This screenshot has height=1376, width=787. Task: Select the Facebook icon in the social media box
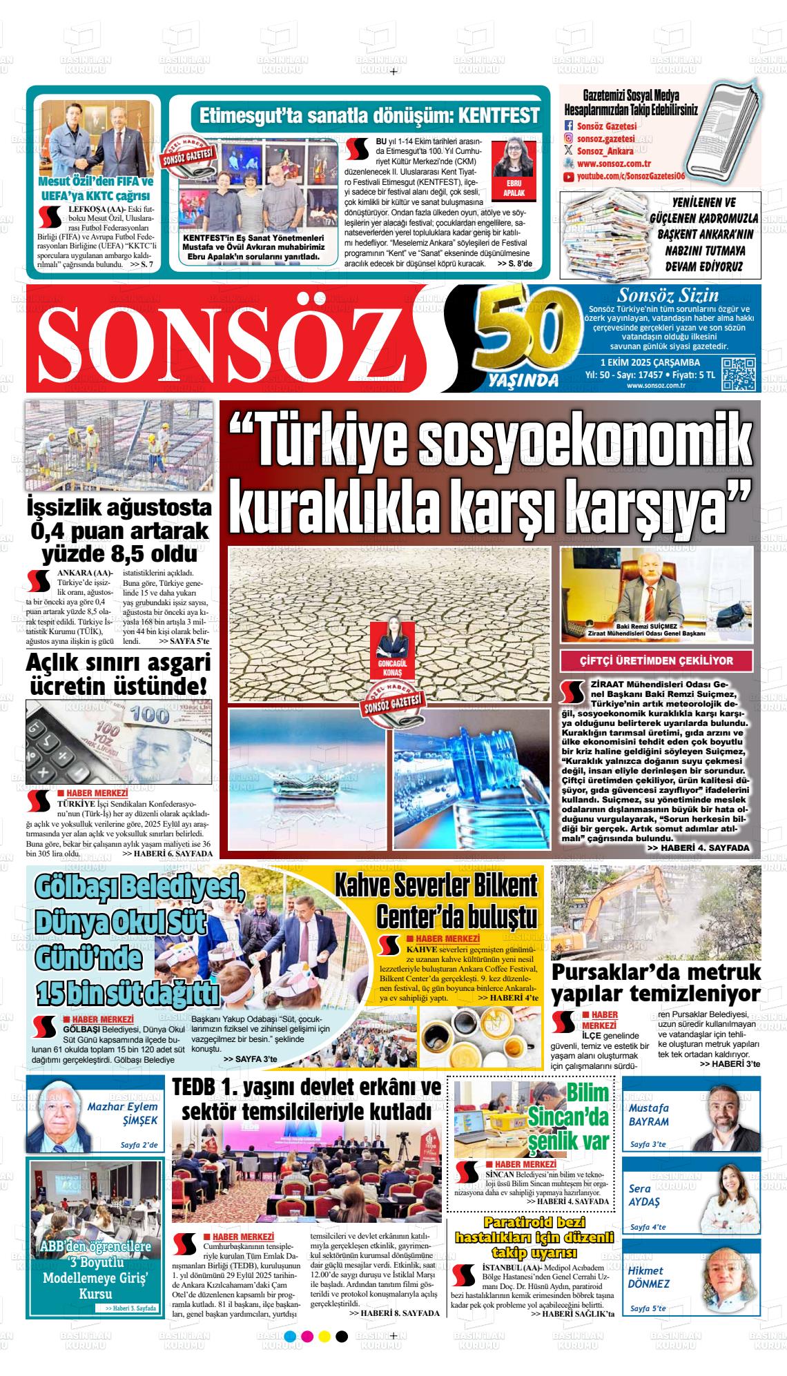point(569,126)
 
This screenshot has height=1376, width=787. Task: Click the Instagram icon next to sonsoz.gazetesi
point(569,139)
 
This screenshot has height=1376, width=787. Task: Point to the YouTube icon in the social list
point(569,177)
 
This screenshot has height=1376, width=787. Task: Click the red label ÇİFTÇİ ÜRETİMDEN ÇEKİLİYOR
point(657,660)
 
